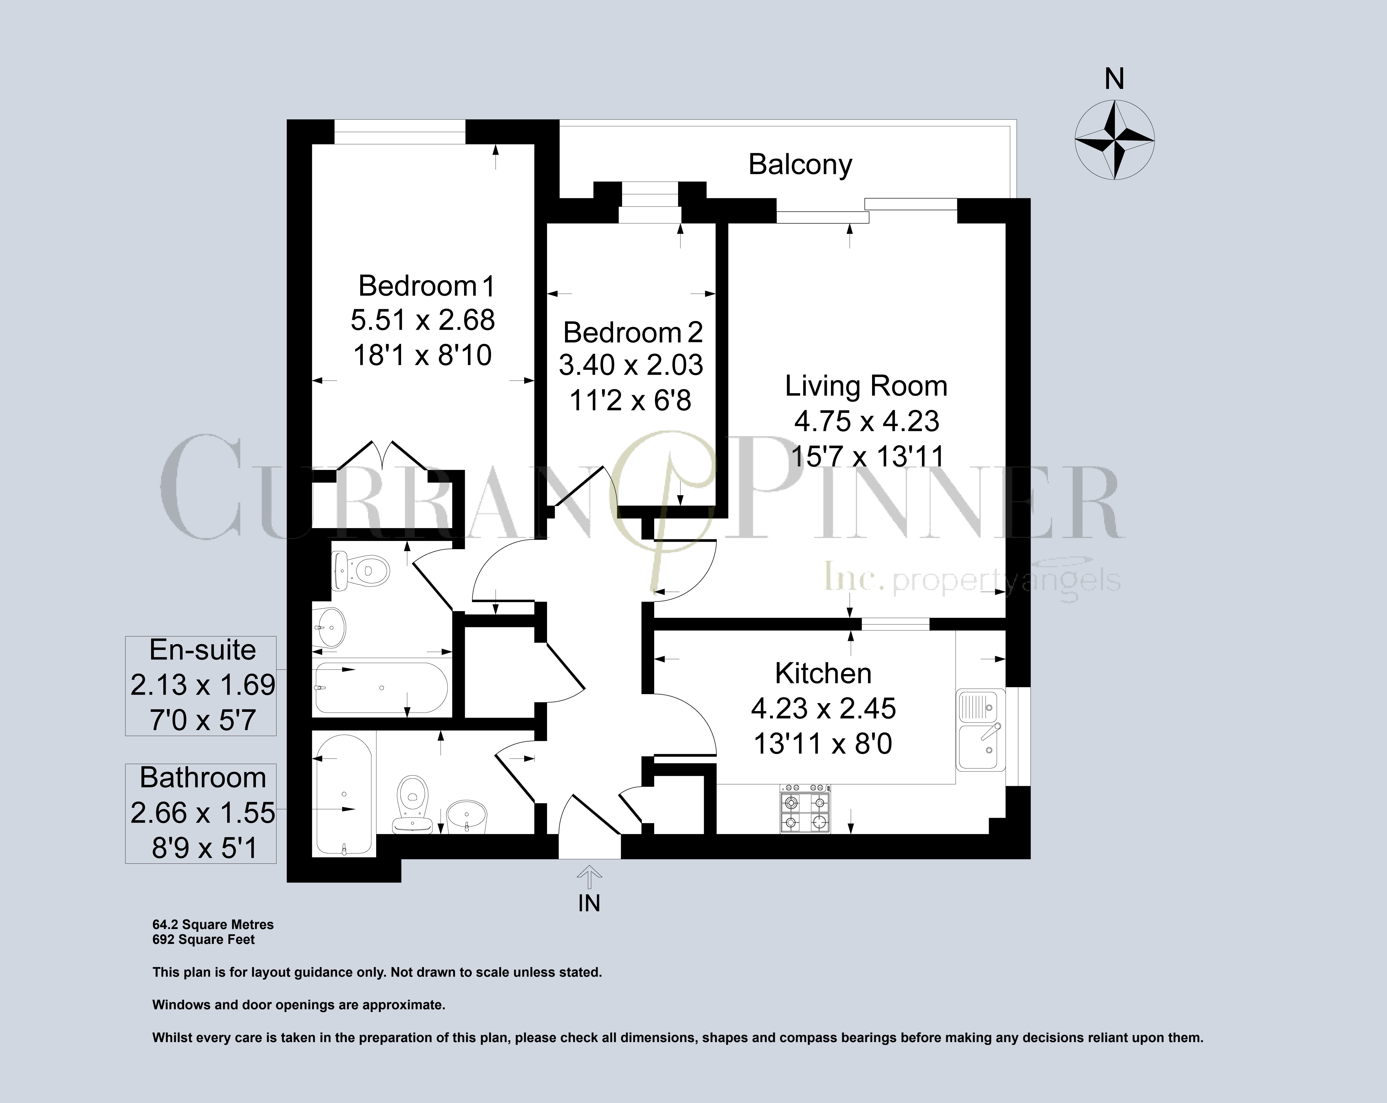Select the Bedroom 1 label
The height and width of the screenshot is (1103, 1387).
(427, 286)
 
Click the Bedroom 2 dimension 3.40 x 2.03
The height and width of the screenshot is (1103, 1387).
(631, 365)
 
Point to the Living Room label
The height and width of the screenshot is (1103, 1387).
(866, 386)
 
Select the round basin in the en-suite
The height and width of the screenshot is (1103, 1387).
(331, 627)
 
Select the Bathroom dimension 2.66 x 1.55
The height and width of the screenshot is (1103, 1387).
(202, 813)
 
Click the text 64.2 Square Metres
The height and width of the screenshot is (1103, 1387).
(213, 925)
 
